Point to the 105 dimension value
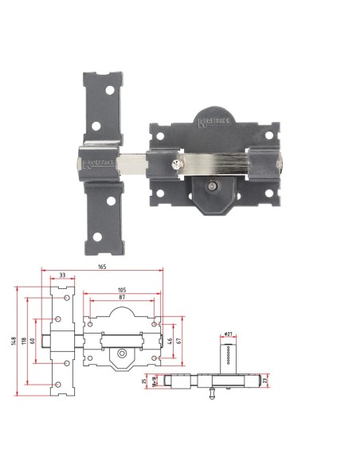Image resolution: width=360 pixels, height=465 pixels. (123, 290)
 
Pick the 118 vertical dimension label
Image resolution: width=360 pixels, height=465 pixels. (25, 343)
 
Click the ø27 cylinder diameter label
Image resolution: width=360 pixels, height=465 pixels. (228, 334)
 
